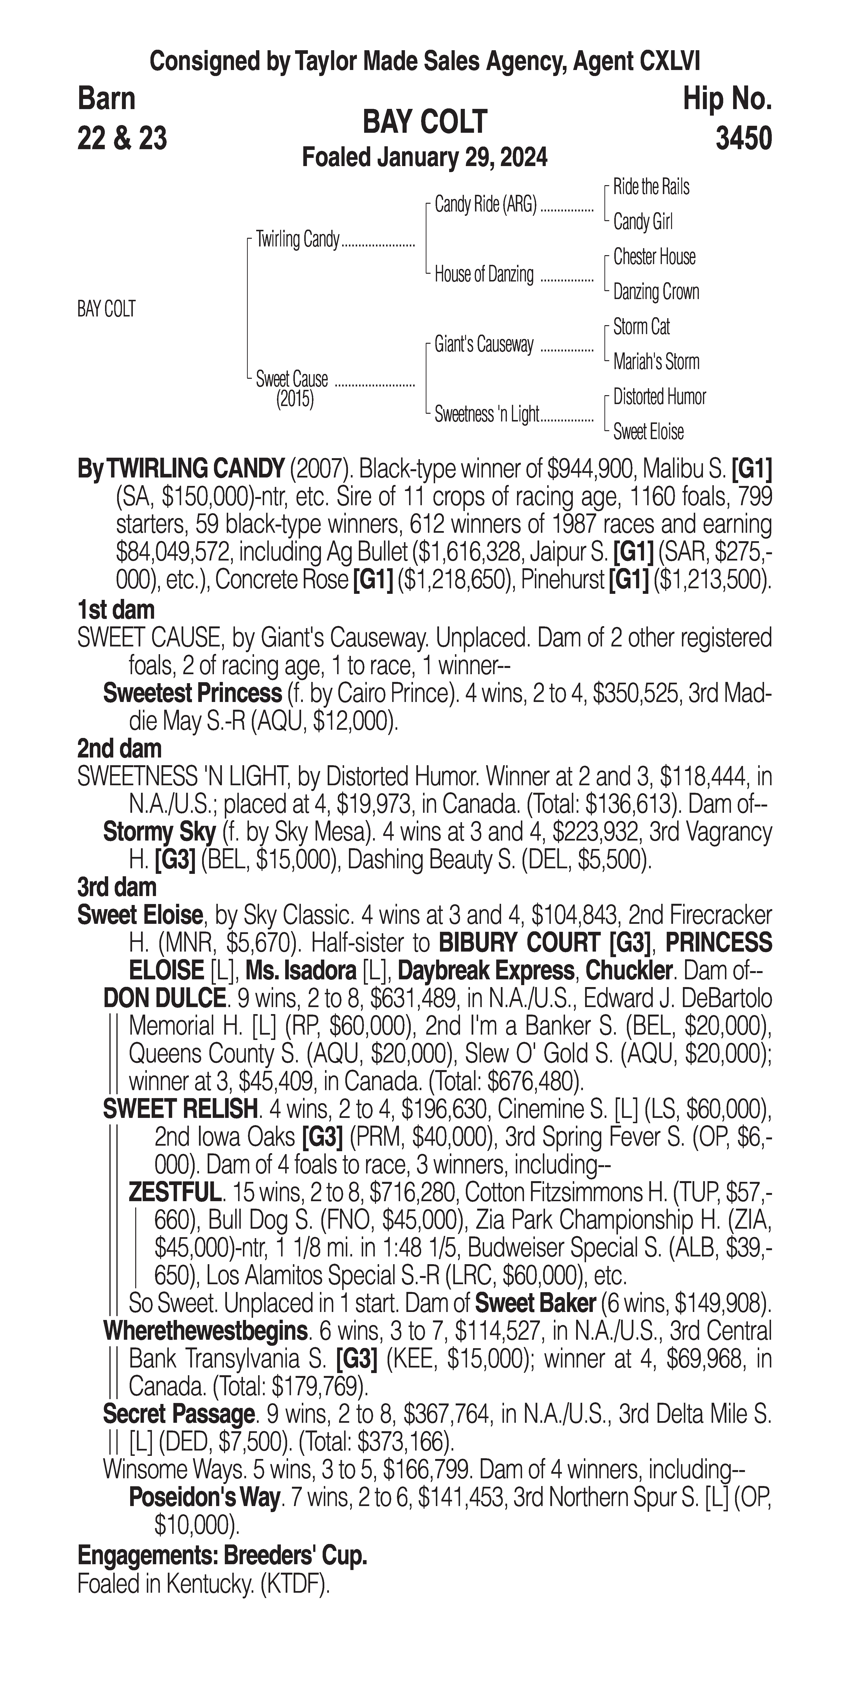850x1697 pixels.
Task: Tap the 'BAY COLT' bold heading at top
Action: (424, 122)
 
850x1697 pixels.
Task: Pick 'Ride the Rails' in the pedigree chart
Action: (651, 187)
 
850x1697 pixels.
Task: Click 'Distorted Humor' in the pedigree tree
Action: (659, 397)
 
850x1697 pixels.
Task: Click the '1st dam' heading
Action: (116, 610)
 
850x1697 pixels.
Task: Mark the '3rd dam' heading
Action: (117, 887)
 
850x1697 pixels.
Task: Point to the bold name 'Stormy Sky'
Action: (159, 832)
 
